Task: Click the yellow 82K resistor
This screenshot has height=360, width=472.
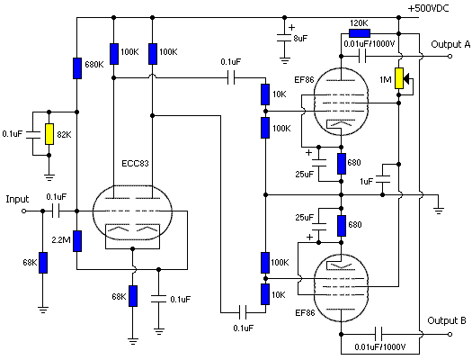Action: point(49,134)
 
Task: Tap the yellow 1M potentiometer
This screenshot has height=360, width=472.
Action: point(399,78)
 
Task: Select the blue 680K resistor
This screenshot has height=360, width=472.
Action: point(77,68)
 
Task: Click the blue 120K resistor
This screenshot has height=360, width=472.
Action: point(360,33)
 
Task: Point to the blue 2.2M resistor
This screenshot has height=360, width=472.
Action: point(77,241)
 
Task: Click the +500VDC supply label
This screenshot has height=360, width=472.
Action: point(428,8)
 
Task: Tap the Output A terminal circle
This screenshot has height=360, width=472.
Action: point(450,57)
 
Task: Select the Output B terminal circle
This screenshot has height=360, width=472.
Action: point(450,334)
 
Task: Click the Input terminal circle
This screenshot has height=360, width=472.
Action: point(24,211)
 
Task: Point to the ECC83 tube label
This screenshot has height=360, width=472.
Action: point(135,163)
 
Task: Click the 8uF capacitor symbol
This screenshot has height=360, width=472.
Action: point(285,38)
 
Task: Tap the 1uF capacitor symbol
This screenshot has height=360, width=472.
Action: point(383,179)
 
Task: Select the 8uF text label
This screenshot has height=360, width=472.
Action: point(300,39)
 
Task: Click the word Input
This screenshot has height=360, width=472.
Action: point(17,200)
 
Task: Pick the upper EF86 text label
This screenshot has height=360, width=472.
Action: point(305,80)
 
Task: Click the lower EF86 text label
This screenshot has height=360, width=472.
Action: point(306,312)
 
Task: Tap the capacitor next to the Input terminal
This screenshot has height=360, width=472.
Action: point(56,211)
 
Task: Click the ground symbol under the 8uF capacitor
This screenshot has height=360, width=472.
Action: point(285,60)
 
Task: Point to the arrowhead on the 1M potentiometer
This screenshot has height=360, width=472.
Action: point(406,79)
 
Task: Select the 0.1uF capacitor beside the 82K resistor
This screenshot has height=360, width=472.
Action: point(33,135)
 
